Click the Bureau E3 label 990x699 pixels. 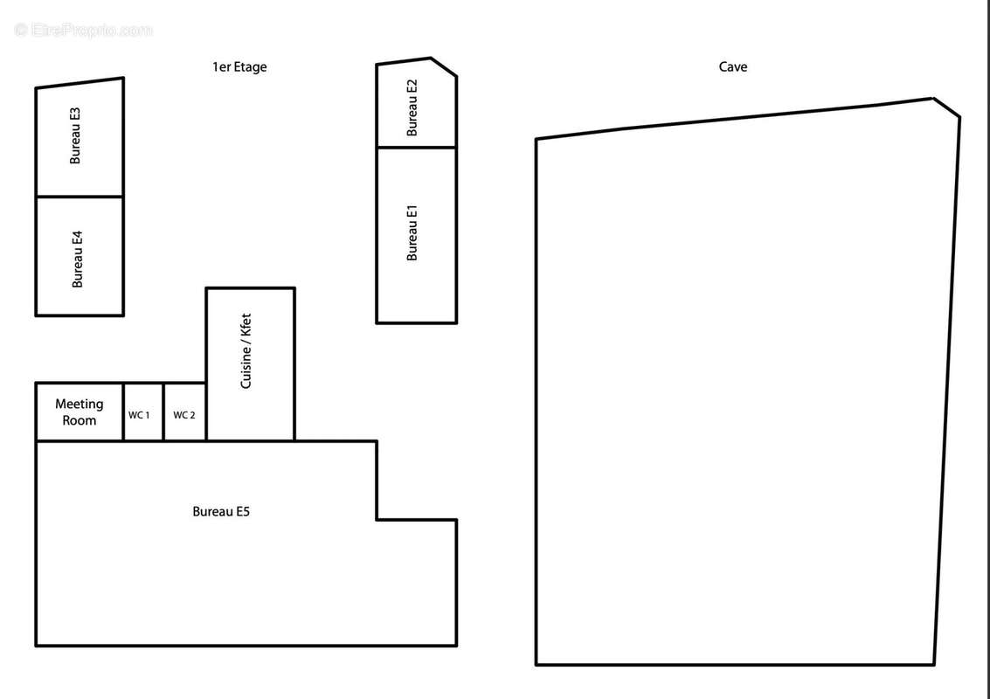click(x=75, y=135)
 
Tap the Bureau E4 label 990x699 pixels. click(x=78, y=259)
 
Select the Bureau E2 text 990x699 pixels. click(x=412, y=107)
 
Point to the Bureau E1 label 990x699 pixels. click(x=412, y=232)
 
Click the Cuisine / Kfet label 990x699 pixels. click(x=246, y=351)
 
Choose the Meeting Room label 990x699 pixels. click(x=80, y=412)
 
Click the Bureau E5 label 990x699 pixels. click(x=221, y=511)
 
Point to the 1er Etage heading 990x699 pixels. click(x=239, y=66)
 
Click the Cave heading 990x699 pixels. click(x=732, y=66)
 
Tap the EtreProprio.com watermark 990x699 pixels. click(x=84, y=30)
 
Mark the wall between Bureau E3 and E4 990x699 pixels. click(x=80, y=197)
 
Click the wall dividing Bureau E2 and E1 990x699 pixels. click(x=416, y=147)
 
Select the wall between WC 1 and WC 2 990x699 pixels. click(x=163, y=412)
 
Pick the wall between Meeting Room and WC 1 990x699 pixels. click(x=123, y=412)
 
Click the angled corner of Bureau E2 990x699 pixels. click(x=444, y=66)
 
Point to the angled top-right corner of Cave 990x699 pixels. click(x=947, y=107)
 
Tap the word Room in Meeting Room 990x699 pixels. click(x=80, y=420)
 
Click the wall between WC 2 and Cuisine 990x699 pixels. click(x=206, y=412)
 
